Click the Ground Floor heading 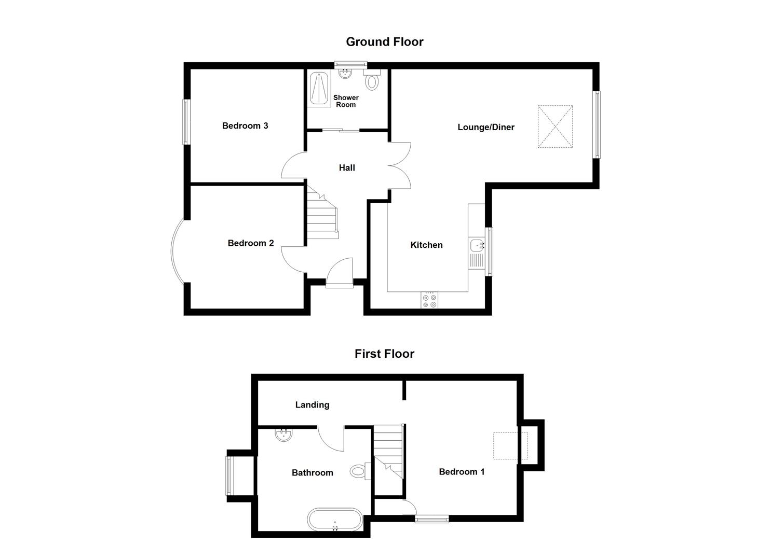tap(384, 41)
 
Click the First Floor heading tap(384, 354)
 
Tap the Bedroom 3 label tap(245, 125)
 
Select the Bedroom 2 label tap(251, 243)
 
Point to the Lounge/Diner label tap(486, 127)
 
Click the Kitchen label tap(426, 245)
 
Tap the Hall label tap(347, 167)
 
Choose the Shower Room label tap(346, 101)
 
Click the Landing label tap(312, 404)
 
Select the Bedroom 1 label tap(462, 471)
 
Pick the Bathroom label tap(312, 472)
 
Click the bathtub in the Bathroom tap(334, 520)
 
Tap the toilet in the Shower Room tap(372, 80)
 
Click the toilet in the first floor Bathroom tap(359, 471)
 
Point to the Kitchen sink tap(477, 246)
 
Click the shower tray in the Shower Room tap(319, 89)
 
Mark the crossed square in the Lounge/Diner tap(555, 127)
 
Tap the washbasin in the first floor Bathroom tap(284, 435)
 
